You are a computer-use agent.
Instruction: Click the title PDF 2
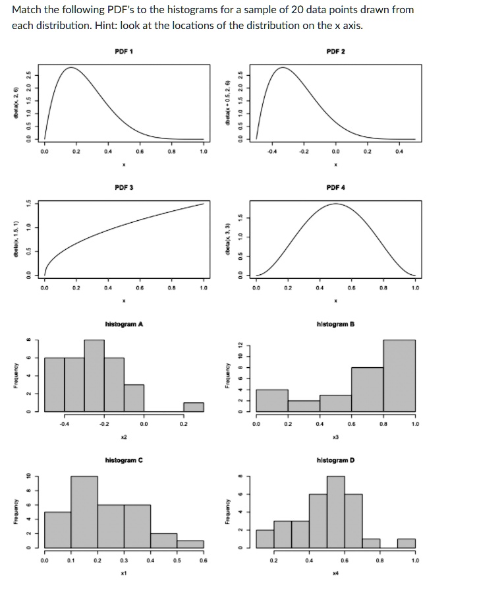click(336, 51)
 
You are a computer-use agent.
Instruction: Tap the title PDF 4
click(336, 188)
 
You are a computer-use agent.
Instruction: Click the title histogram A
click(124, 324)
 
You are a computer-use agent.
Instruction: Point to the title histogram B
click(336, 324)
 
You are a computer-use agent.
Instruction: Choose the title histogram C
click(124, 459)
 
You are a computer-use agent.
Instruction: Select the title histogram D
click(336, 459)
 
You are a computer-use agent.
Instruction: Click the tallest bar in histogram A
click(94, 376)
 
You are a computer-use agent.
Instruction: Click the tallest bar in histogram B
click(399, 376)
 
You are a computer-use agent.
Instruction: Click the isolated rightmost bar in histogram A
click(194, 407)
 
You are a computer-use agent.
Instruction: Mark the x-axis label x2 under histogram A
click(124, 437)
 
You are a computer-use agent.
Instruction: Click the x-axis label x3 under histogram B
click(335, 437)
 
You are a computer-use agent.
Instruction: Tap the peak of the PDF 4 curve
click(336, 204)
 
